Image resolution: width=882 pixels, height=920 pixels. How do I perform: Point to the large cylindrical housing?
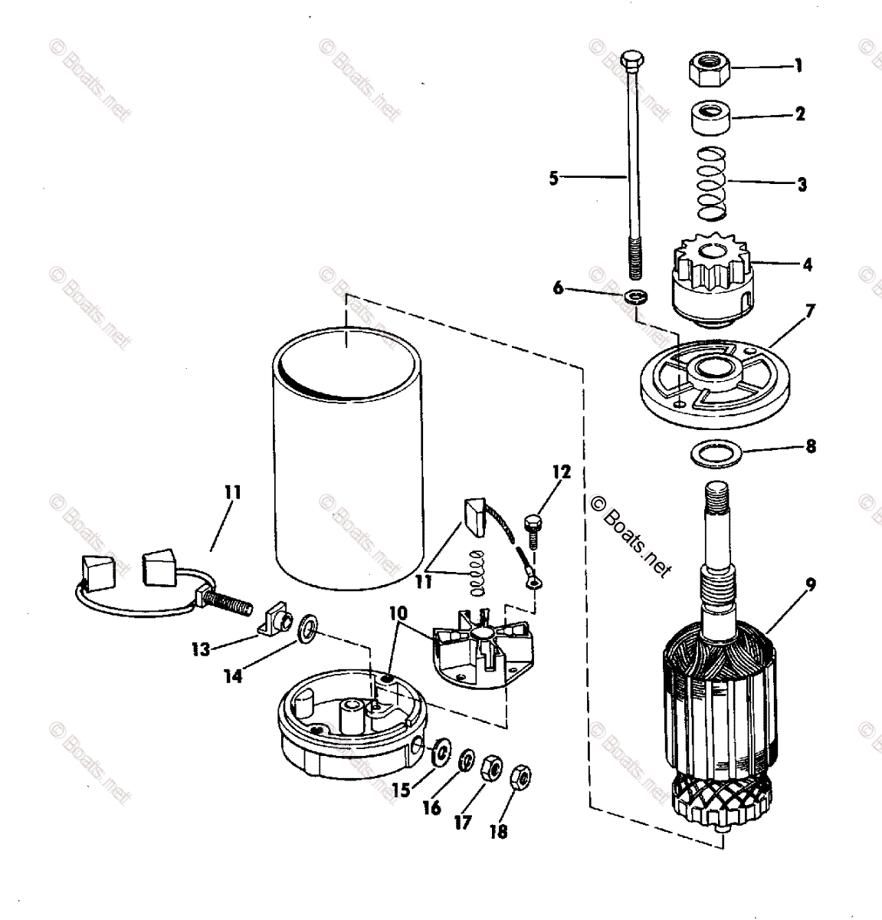(349, 460)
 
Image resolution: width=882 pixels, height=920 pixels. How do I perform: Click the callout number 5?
(555, 179)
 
